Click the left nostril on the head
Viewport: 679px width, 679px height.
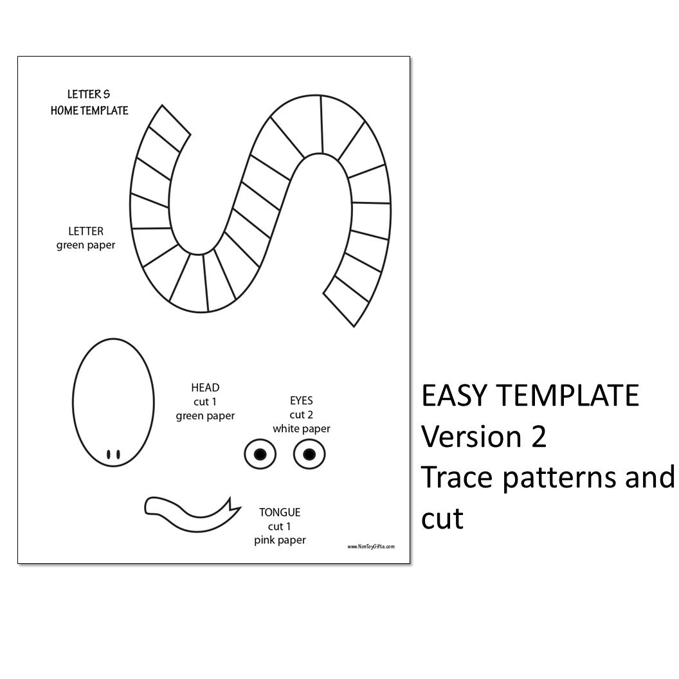(x=109, y=454)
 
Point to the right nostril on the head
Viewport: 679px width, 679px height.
(x=118, y=454)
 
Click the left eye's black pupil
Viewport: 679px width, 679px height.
(x=260, y=455)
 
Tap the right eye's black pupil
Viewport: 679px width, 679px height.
(x=309, y=455)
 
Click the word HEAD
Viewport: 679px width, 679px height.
(x=205, y=388)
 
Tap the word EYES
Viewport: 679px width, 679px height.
(x=302, y=401)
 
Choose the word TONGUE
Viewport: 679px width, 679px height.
(x=280, y=512)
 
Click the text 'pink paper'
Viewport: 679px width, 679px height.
(x=280, y=540)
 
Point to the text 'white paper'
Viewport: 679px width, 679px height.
(x=302, y=428)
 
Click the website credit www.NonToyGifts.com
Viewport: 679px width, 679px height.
(x=371, y=547)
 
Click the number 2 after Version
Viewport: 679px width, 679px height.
(x=538, y=437)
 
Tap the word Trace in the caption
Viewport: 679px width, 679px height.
(x=457, y=478)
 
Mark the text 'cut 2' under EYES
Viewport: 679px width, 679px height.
(x=302, y=415)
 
